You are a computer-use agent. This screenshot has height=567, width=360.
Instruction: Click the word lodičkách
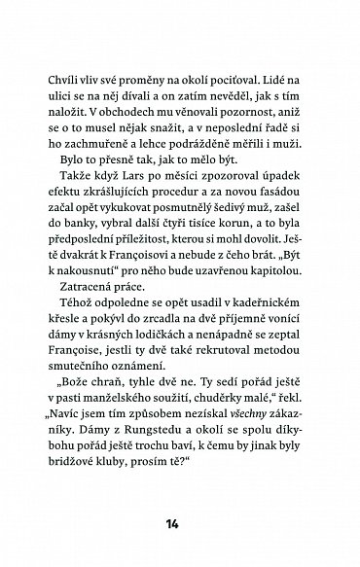pos(181,360)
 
